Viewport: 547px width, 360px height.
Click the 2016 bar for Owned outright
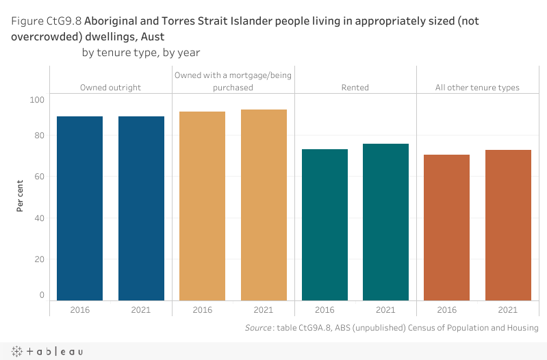[x=79, y=208]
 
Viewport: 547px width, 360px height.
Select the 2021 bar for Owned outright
[x=141, y=208]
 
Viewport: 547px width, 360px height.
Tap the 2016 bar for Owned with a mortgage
[x=202, y=205]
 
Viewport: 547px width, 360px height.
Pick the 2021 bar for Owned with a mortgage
[x=264, y=205]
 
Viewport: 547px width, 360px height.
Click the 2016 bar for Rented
[x=325, y=224]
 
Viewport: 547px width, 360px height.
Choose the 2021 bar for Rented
[x=385, y=222]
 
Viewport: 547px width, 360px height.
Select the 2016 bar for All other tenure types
[x=446, y=227]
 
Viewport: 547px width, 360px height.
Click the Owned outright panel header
[x=110, y=88]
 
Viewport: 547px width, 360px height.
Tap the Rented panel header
[x=355, y=88]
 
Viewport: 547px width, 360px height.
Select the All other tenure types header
[x=477, y=88]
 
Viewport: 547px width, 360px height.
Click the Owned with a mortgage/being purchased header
[x=233, y=81]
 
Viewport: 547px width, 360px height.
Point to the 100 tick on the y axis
[x=37, y=100]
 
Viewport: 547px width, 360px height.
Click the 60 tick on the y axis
[x=39, y=177]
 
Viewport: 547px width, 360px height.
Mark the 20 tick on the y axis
[x=39, y=259]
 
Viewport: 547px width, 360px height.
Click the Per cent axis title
[x=21, y=196]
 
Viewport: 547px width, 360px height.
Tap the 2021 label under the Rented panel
[x=385, y=310]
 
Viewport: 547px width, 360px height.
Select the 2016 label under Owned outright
[x=79, y=310]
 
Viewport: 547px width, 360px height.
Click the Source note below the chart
[x=392, y=329]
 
